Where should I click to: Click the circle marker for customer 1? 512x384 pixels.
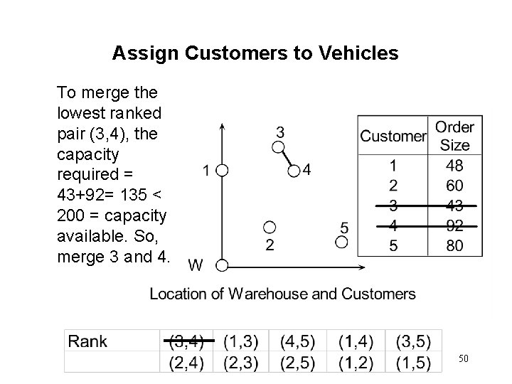[222, 171]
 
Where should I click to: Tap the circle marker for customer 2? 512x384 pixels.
[269, 228]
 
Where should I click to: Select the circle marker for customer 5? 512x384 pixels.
[342, 242]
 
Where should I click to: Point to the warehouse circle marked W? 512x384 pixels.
[222, 266]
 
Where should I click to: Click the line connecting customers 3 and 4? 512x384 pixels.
[284, 159]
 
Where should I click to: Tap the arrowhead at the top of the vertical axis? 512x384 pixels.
[223, 125]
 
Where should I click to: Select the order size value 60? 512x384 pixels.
[454, 185]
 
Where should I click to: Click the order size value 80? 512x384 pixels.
[454, 246]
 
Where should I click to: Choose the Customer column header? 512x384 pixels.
[393, 136]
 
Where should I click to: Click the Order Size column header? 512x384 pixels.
[454, 136]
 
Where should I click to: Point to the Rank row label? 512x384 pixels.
[87, 341]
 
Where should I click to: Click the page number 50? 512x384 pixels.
[463, 358]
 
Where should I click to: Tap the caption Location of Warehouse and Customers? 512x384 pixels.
[282, 294]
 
